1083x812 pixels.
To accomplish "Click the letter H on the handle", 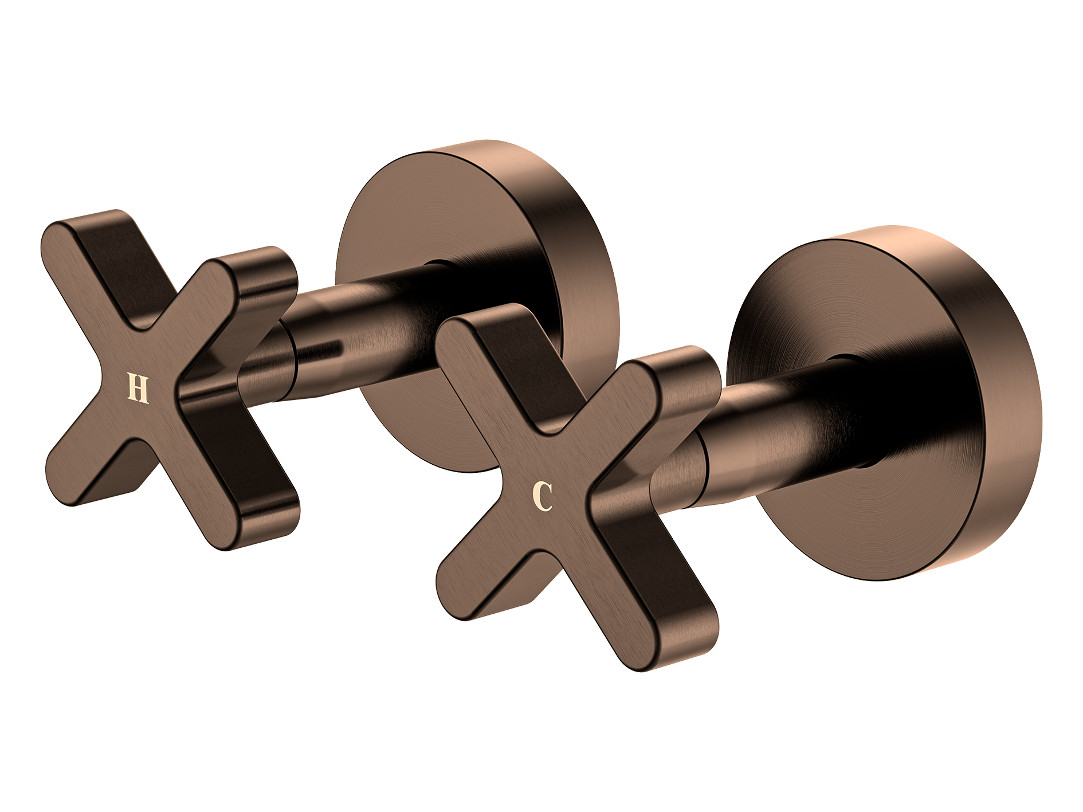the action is pos(138,389).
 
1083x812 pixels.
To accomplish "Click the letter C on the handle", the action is pos(542,496).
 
